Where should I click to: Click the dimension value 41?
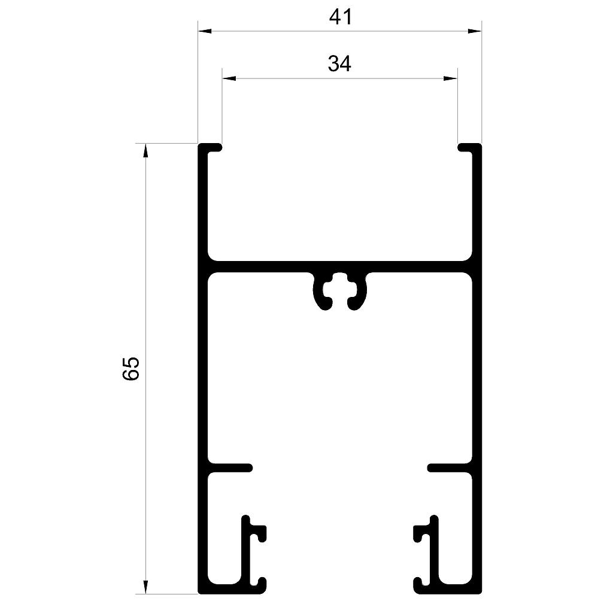[x=340, y=17]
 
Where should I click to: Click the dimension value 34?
[x=339, y=63]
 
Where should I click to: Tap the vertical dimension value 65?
[x=131, y=368]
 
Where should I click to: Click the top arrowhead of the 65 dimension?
[x=145, y=150]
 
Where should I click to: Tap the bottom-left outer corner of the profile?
[x=199, y=593]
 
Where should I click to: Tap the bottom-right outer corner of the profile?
[x=481, y=593]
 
